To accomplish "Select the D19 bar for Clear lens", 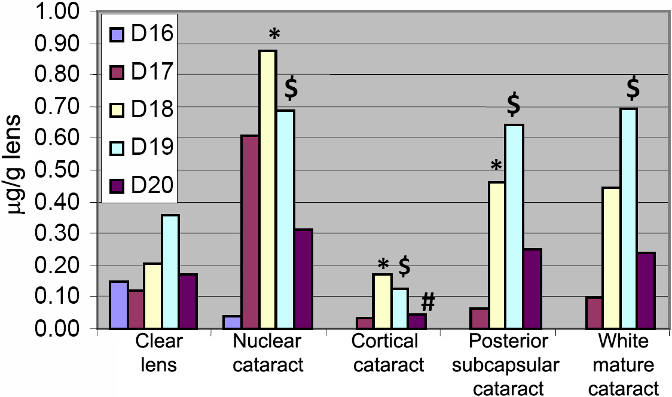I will click(170, 271).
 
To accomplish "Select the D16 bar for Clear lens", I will click(119, 305).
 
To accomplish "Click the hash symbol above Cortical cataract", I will click(427, 303).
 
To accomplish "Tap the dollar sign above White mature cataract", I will click(633, 88).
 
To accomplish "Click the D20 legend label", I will click(152, 186).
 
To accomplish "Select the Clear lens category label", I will click(158, 353).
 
